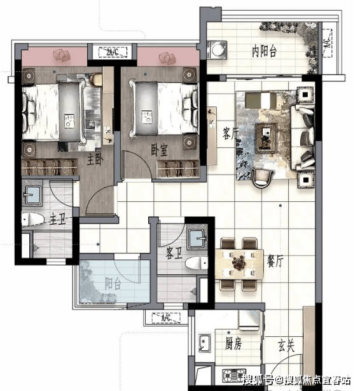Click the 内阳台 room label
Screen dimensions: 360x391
(x=264, y=52)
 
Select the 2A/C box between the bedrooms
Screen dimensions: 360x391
(x=113, y=52)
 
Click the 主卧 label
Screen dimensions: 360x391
(x=95, y=160)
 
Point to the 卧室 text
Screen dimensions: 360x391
(x=159, y=150)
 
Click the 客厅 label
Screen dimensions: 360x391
(x=230, y=133)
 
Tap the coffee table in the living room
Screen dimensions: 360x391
(x=266, y=138)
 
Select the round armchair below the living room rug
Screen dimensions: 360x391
(x=262, y=178)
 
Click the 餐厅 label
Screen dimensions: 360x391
(x=275, y=261)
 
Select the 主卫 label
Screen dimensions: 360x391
(x=57, y=220)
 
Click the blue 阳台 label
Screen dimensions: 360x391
(x=113, y=283)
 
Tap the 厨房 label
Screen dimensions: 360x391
(x=233, y=344)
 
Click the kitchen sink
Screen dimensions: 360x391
(x=205, y=343)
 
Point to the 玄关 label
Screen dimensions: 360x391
(x=286, y=346)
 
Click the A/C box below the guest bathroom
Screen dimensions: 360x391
(x=166, y=318)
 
